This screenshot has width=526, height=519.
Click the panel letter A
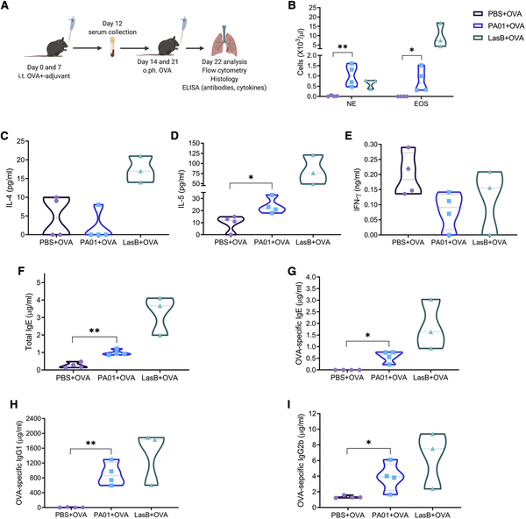[6, 8]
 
